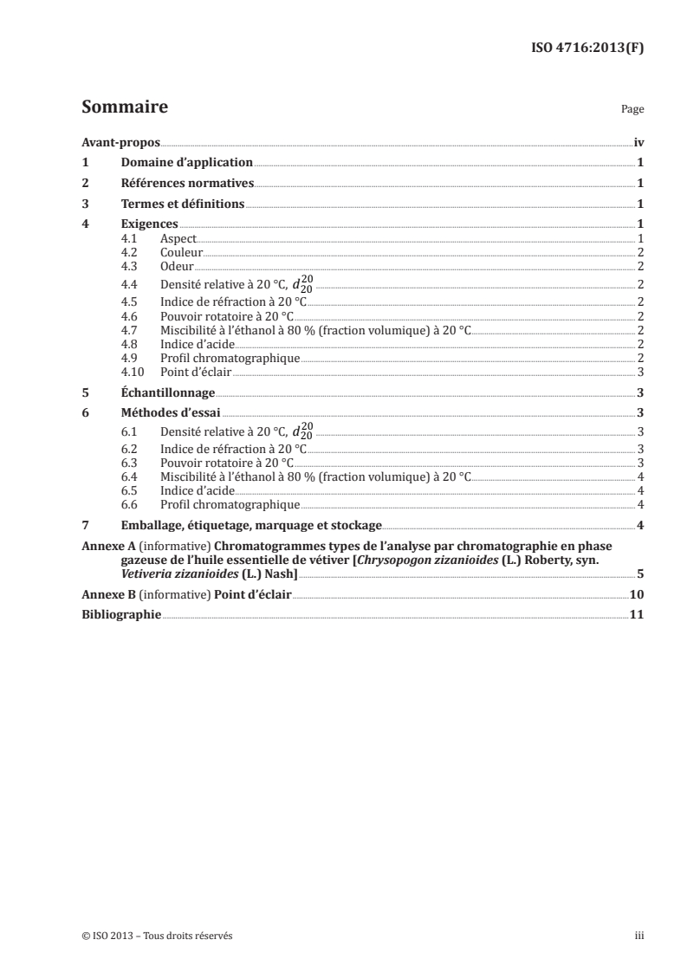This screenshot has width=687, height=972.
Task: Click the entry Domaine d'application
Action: click(186, 162)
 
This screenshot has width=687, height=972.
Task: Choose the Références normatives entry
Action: click(187, 184)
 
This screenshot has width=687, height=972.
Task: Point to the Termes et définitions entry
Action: click(183, 204)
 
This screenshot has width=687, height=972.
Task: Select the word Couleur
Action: click(181, 252)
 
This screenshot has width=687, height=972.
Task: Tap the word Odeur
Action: click(177, 266)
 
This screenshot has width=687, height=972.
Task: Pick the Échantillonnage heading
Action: click(167, 392)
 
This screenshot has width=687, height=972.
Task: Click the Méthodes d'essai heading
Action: click(171, 413)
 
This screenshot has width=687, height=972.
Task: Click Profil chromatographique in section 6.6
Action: click(230, 504)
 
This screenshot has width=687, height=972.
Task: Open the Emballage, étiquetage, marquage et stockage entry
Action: click(251, 525)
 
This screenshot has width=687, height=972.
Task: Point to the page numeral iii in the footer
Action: click(639, 936)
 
